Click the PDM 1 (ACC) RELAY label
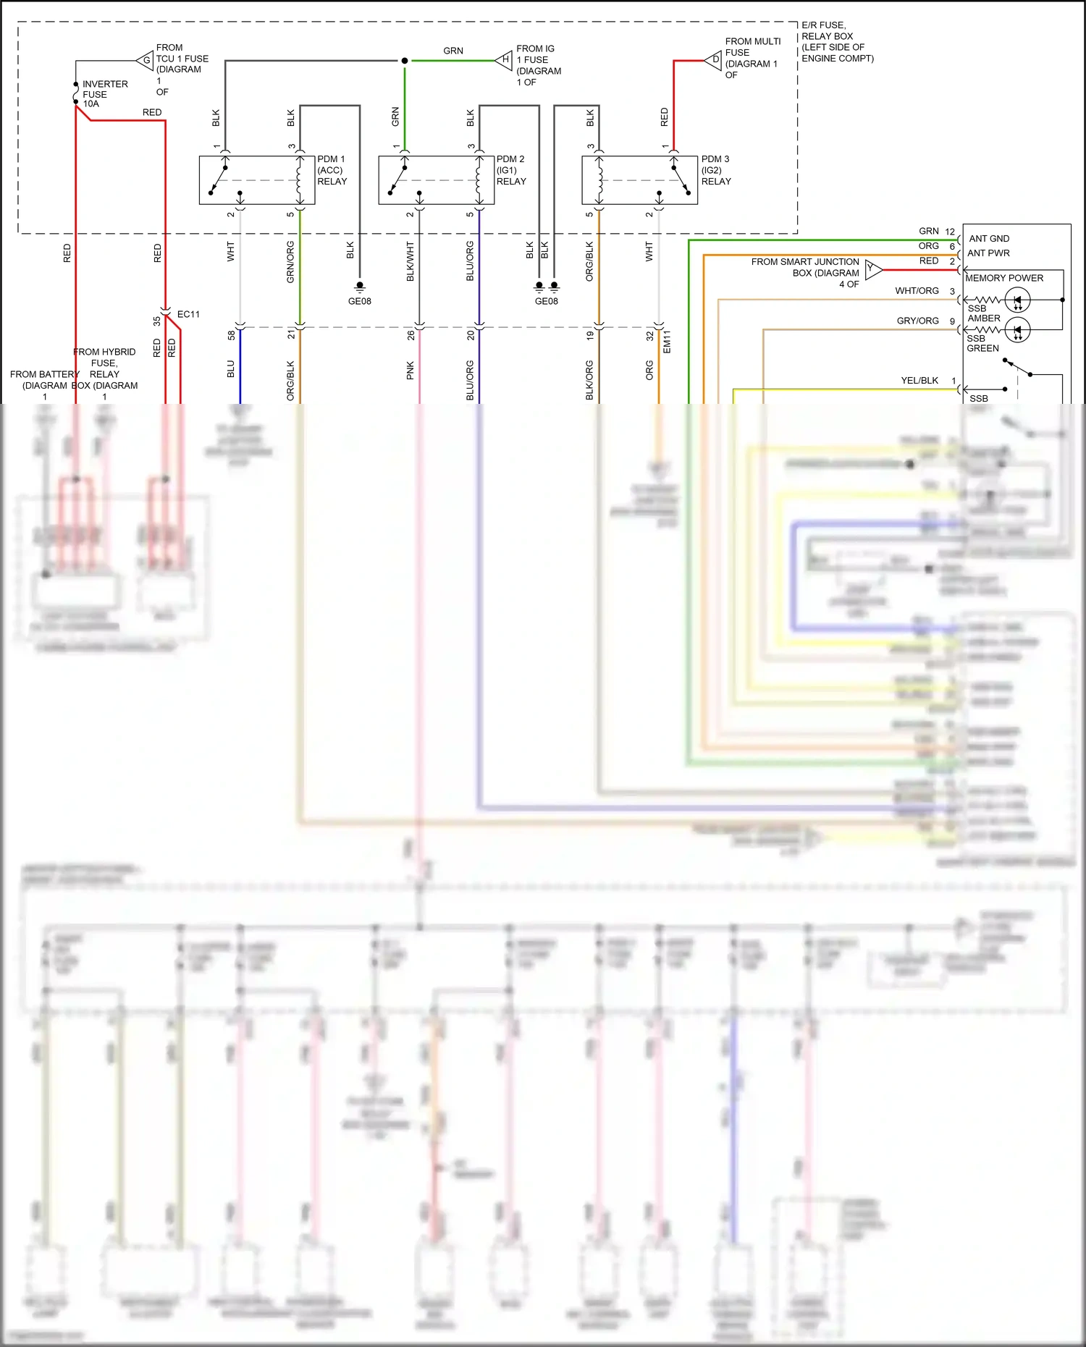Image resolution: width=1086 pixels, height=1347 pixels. [332, 170]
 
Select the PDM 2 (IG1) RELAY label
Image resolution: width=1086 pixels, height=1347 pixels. [511, 170]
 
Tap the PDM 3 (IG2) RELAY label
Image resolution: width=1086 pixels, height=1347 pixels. [716, 170]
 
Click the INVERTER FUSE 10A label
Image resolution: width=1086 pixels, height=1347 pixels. [104, 94]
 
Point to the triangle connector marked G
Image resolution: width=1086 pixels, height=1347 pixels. [146, 61]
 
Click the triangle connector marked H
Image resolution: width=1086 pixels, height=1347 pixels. [505, 60]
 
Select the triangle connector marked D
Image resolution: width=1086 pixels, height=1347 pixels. [715, 61]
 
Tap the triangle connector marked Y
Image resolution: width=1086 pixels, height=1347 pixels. [872, 270]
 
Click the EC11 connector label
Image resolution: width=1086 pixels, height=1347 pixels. [188, 314]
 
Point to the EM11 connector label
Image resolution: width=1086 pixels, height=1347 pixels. [667, 342]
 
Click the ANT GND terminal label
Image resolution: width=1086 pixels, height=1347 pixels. [989, 239]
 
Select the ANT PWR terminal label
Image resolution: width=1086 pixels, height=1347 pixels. [988, 253]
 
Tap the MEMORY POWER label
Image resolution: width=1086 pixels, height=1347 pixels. [1004, 278]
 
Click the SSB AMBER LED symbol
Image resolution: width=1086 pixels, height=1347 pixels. [1017, 300]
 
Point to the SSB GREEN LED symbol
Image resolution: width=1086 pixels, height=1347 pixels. [1017, 330]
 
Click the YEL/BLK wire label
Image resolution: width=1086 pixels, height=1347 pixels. [919, 381]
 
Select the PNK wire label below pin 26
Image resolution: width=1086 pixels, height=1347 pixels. [411, 371]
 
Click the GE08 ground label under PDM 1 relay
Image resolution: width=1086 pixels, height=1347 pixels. [360, 301]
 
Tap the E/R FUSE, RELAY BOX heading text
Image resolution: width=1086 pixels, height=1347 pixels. [837, 42]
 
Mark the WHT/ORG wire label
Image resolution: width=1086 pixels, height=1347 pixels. [917, 291]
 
